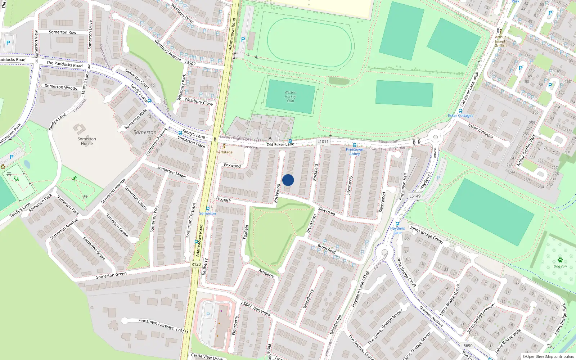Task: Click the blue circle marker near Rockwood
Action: pyautogui.click(x=288, y=180)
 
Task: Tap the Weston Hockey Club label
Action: pyautogui.click(x=291, y=97)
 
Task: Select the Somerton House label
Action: pyautogui.click(x=87, y=141)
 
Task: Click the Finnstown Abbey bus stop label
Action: pyautogui.click(x=355, y=152)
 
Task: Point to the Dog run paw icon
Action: pyautogui.click(x=560, y=260)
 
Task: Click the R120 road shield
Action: pyautogui.click(x=196, y=264)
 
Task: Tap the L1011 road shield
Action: pyautogui.click(x=323, y=141)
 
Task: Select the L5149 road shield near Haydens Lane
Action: pyautogui.click(x=415, y=196)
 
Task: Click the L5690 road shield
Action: pyautogui.click(x=467, y=346)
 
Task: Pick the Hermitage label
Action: pyautogui.click(x=224, y=152)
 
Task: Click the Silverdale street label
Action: pyautogui.click(x=327, y=211)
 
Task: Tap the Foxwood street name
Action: pyautogui.click(x=232, y=166)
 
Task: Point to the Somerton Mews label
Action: pyautogui.click(x=171, y=172)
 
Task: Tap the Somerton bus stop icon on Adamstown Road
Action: pyautogui.click(x=208, y=209)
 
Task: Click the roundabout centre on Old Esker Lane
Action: pyautogui.click(x=436, y=137)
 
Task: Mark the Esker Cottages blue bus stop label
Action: pyautogui.click(x=460, y=116)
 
